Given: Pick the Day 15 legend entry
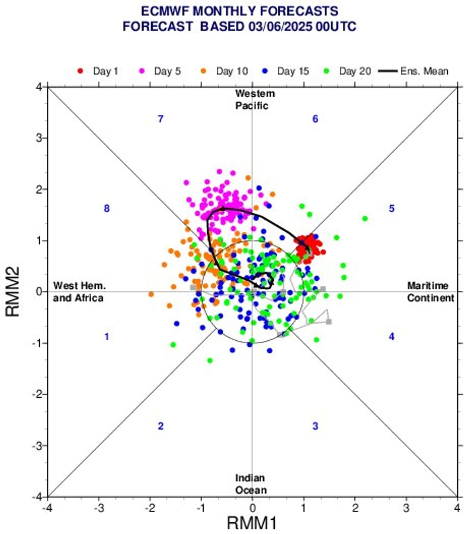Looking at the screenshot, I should pyautogui.click(x=288, y=71).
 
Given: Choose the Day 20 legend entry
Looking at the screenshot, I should pyautogui.click(x=350, y=71).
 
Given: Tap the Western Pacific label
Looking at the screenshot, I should pyautogui.click(x=255, y=100).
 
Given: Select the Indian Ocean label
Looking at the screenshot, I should pyautogui.click(x=250, y=484).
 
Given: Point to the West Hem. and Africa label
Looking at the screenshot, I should pyautogui.click(x=78, y=292).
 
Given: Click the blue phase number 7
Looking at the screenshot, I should pyautogui.click(x=160, y=119).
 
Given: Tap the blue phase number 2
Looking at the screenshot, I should pyautogui.click(x=160, y=426).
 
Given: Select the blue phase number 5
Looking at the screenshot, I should pyautogui.click(x=391, y=209).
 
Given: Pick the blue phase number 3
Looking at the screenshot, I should pyautogui.click(x=315, y=426).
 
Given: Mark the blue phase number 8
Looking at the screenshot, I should pyautogui.click(x=107, y=209).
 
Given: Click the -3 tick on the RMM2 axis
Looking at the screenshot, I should pyautogui.click(x=37, y=445).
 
